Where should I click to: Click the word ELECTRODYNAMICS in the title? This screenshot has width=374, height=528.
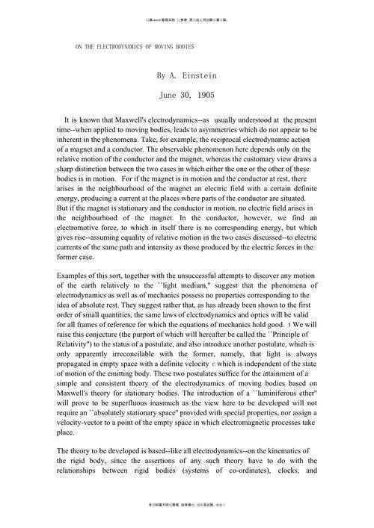pyautogui.click(x=114, y=46)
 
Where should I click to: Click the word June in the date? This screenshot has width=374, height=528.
pyautogui.click(x=170, y=96)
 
